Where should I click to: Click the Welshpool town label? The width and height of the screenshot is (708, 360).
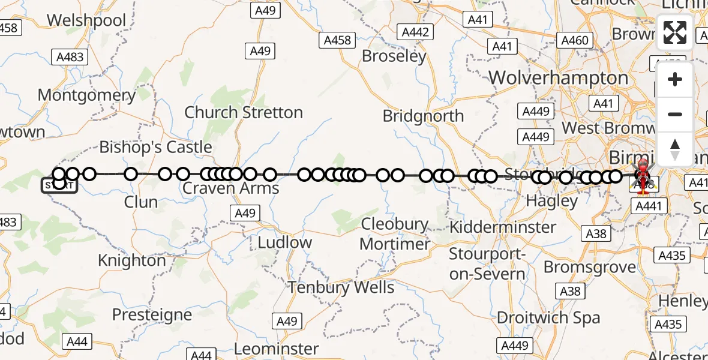pos(86,20)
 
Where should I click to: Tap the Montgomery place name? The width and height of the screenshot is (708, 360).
pos(86,95)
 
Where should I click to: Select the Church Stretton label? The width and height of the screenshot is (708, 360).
pos(244,112)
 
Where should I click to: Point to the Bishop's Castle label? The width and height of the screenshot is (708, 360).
pos(155,147)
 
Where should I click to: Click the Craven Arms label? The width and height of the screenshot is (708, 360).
pos(231,188)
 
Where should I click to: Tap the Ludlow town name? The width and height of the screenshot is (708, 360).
pos(284,242)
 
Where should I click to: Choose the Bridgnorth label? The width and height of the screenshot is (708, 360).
pos(423,116)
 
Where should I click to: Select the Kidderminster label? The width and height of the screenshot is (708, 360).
pos(503,227)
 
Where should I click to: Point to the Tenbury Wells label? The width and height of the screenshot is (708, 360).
pos(341,287)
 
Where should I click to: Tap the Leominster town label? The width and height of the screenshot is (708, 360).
pos(277,349)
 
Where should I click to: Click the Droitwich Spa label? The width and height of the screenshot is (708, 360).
pos(540,317)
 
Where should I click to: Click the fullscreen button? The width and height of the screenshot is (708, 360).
pos(675,32)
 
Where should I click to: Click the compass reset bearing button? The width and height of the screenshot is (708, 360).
pos(675,149)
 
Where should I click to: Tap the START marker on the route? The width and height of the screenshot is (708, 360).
pos(59,185)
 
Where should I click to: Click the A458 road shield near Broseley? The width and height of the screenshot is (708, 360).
pos(337,40)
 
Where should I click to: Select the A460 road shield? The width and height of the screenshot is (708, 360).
pos(574,40)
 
